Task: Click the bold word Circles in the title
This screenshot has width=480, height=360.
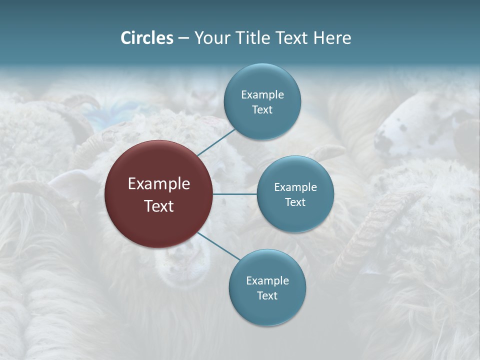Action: click(147, 38)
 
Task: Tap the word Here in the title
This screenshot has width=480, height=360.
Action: click(332, 38)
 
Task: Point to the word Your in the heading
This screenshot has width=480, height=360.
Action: click(210, 38)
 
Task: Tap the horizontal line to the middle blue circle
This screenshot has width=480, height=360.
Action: click(235, 194)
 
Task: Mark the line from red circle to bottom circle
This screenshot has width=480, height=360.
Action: click(218, 246)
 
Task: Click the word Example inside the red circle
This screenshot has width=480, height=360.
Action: click(159, 184)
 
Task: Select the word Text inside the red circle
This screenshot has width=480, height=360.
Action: click(159, 205)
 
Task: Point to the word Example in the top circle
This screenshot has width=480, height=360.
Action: click(262, 95)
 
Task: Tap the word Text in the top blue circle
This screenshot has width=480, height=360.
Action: click(262, 110)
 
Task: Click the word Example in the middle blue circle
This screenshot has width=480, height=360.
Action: click(295, 187)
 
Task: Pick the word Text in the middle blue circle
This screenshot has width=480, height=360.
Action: click(295, 202)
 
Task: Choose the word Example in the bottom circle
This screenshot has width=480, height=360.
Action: click(267, 281)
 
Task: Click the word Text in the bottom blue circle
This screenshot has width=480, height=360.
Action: click(267, 295)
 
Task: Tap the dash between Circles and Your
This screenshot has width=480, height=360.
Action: click(183, 38)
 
